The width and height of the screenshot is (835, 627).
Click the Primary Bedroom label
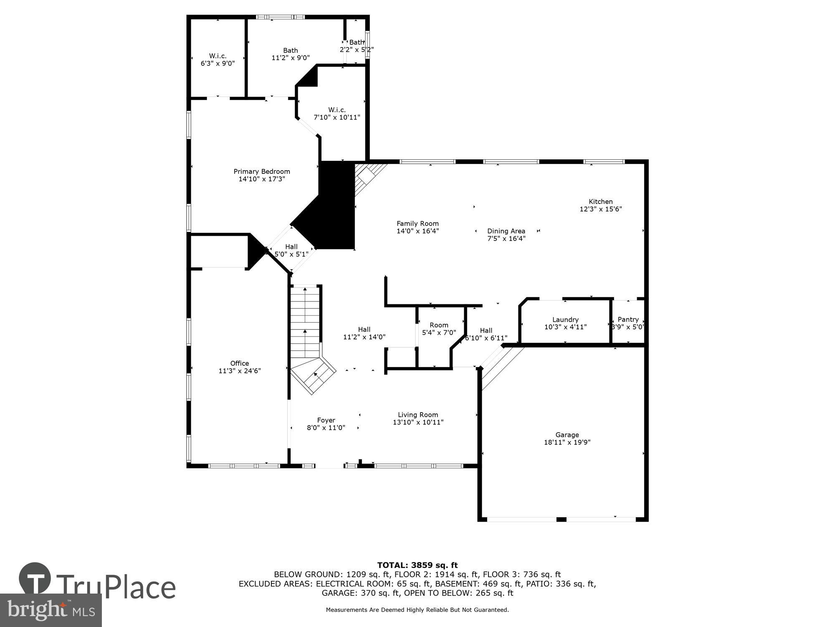(262, 171)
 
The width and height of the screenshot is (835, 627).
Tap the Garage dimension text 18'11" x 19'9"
(567, 442)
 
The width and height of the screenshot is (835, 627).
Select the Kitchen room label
(601, 201)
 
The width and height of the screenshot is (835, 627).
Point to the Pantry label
(628, 319)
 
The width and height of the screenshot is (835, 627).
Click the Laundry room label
(565, 319)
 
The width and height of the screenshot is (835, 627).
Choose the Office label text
(240, 363)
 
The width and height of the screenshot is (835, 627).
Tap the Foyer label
(326, 420)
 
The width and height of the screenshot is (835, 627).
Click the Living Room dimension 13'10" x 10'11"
(418, 422)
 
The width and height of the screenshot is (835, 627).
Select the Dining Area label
(506, 231)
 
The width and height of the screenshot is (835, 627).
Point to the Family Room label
(417, 224)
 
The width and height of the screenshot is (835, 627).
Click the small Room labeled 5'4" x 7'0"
(439, 325)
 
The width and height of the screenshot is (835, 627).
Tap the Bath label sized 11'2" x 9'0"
(291, 51)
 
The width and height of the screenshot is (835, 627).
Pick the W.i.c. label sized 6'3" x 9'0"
(218, 56)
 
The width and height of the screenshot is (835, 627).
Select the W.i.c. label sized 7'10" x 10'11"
(337, 110)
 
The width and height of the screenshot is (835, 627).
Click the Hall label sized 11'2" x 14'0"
(364, 329)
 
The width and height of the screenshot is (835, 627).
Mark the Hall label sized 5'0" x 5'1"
(291, 247)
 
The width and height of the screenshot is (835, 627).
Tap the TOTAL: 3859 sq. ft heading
(417, 565)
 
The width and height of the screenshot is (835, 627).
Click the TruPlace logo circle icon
(35, 579)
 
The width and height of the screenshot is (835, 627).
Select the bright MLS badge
(51, 610)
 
